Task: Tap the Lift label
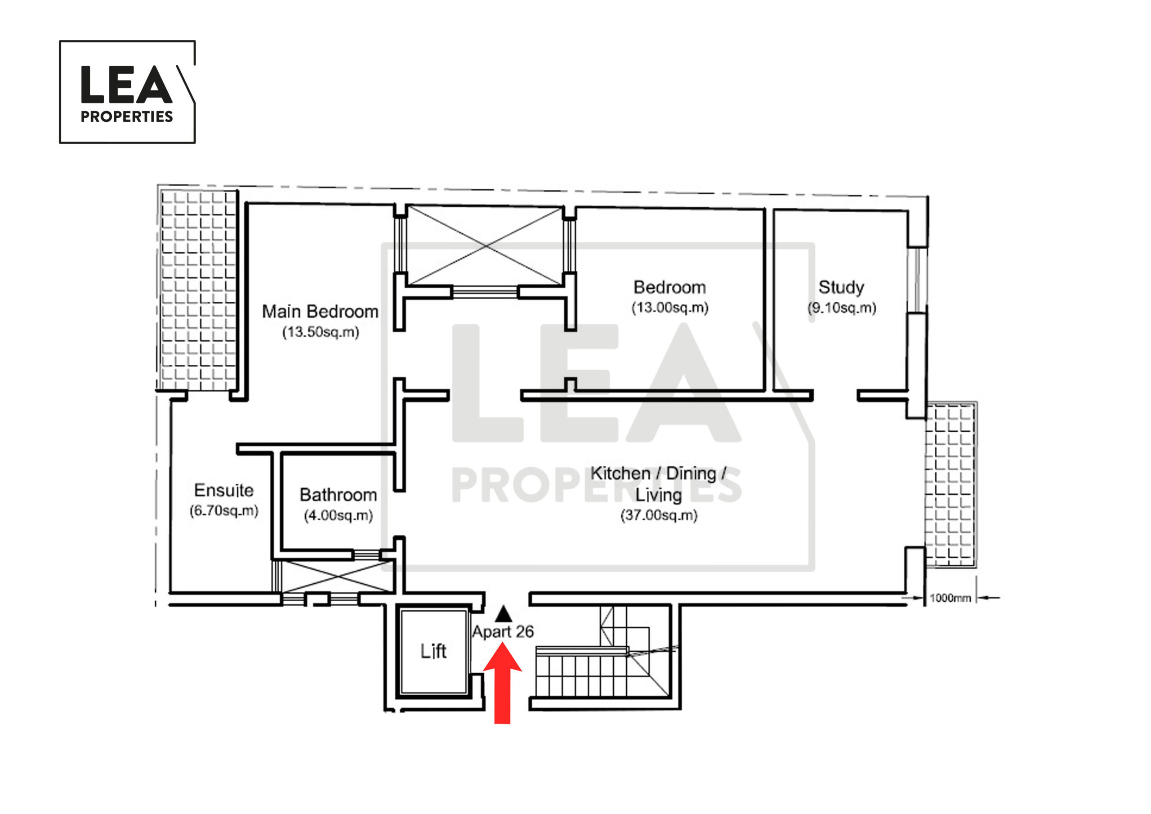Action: click(x=433, y=651)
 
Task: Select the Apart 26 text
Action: click(x=503, y=631)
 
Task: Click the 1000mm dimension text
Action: click(x=950, y=598)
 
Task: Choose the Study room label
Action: click(x=841, y=287)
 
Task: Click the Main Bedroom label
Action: click(x=320, y=312)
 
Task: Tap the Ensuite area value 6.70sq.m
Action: click(x=223, y=510)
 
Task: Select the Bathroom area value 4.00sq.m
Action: click(x=339, y=515)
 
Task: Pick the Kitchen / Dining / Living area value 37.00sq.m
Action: click(x=659, y=515)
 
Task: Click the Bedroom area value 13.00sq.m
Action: click(x=670, y=308)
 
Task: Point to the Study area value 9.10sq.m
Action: click(x=842, y=308)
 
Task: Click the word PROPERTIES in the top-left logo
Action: click(x=127, y=116)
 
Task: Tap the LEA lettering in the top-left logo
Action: click(x=126, y=84)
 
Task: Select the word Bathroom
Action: click(x=339, y=495)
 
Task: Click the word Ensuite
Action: click(x=223, y=490)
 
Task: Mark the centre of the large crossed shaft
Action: click(x=485, y=246)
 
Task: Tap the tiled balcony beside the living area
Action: click(x=950, y=484)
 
